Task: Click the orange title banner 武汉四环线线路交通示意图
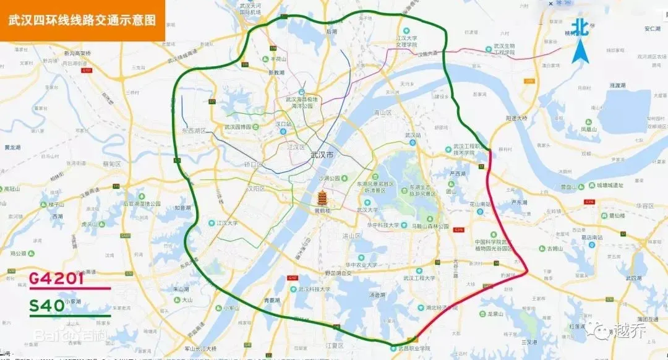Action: pyautogui.click(x=82, y=19)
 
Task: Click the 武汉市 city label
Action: pyautogui.click(x=322, y=155)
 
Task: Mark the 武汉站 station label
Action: pyautogui.click(x=413, y=135)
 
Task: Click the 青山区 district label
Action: pyautogui.click(x=383, y=113)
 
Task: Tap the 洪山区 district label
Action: pyautogui.click(x=351, y=236)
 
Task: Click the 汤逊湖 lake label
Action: pyautogui.click(x=377, y=294)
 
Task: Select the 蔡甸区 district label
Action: pyautogui.click(x=112, y=164)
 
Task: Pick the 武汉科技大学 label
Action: pyautogui.click(x=316, y=289)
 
